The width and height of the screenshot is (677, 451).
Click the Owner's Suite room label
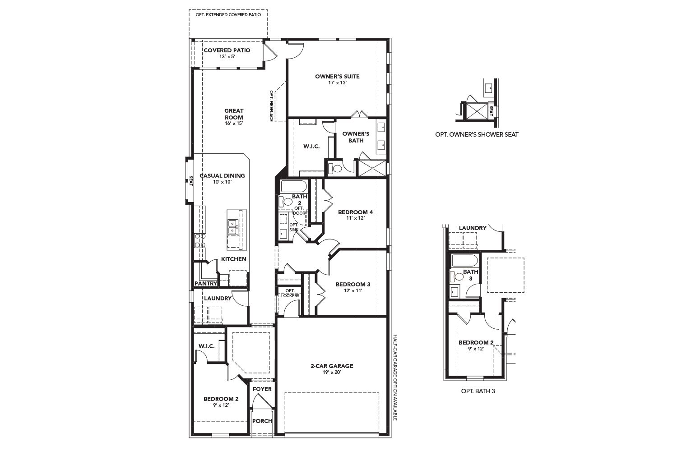(337, 76)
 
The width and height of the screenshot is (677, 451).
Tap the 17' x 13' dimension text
(337, 83)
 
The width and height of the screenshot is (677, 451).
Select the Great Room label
(234, 114)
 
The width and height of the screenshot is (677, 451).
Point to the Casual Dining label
(222, 175)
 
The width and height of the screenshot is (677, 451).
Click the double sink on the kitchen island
(233, 226)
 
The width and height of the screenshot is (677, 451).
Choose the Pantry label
(205, 284)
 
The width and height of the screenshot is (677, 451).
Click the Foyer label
(262, 389)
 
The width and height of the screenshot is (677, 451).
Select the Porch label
(262, 421)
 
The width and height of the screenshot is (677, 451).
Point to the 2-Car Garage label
(332, 366)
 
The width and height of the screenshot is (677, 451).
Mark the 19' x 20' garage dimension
(332, 373)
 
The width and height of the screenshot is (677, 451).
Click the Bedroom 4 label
(356, 212)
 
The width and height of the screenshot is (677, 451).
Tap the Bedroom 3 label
(353, 284)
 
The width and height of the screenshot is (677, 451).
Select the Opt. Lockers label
(290, 293)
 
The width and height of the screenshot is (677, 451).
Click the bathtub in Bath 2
(294, 186)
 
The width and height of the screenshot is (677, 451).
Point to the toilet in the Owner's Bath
(335, 169)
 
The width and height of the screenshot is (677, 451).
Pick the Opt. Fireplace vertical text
(272, 106)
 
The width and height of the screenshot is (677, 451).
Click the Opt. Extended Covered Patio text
(228, 15)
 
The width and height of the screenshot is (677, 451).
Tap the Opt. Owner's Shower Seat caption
(477, 134)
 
